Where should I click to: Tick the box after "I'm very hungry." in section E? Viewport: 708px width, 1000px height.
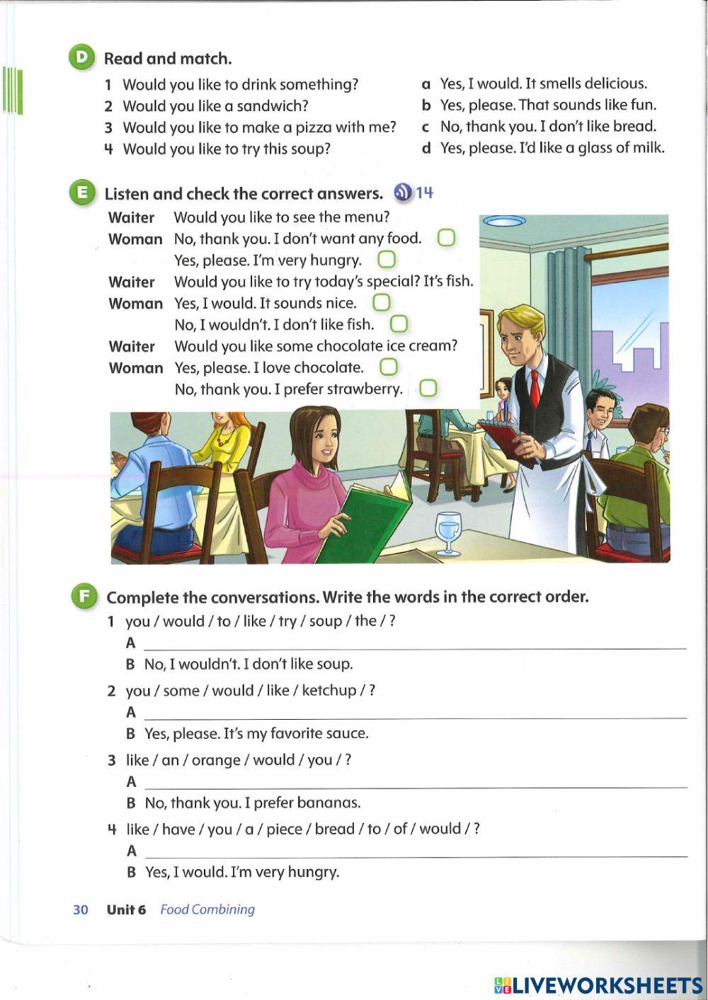387,260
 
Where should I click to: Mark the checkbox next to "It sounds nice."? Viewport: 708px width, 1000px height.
381,303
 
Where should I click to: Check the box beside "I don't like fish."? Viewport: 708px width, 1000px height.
399,324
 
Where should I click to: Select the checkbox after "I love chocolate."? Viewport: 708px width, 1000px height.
389,367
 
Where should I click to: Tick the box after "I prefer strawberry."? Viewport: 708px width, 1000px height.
428,389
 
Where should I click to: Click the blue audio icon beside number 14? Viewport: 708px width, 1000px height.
402,192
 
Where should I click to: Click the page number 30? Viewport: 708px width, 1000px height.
81,909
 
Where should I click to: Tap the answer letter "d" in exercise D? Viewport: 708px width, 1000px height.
426,148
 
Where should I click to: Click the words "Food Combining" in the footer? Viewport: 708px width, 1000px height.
207,909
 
